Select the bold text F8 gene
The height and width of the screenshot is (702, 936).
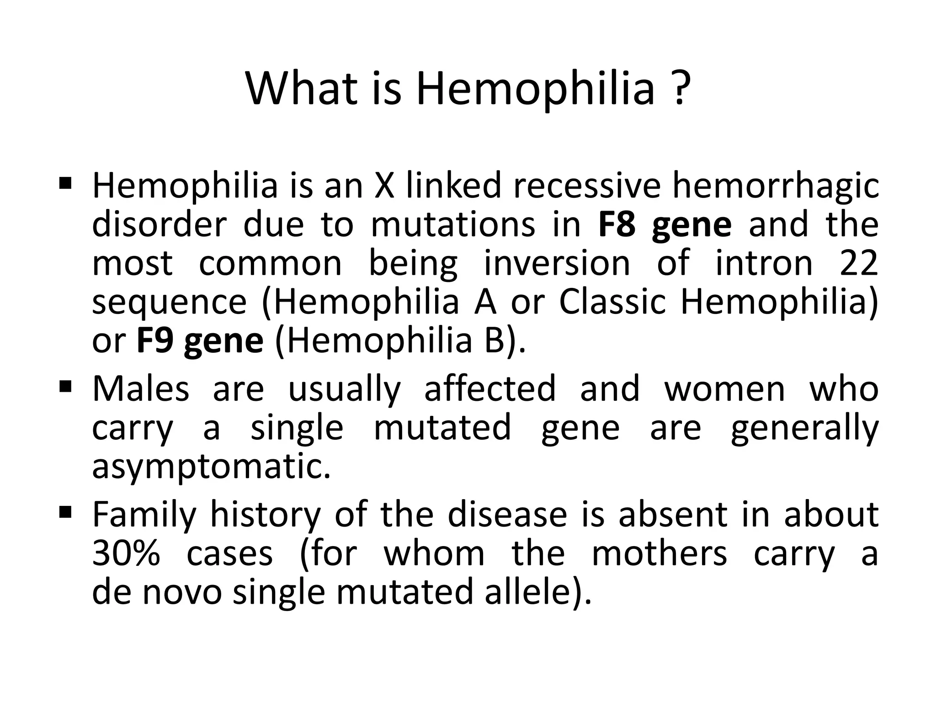point(665,225)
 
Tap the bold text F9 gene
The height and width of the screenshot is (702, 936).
point(200,341)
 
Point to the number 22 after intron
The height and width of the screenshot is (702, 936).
point(859,263)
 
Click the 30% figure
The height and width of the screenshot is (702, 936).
point(126,554)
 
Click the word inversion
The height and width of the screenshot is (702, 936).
point(557,263)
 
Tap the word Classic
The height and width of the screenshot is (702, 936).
point(612,302)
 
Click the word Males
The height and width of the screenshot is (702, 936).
point(141,389)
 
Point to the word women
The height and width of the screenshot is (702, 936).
point(724,389)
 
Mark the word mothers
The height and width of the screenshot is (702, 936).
point(659,554)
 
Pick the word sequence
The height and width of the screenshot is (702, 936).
point(169,302)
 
